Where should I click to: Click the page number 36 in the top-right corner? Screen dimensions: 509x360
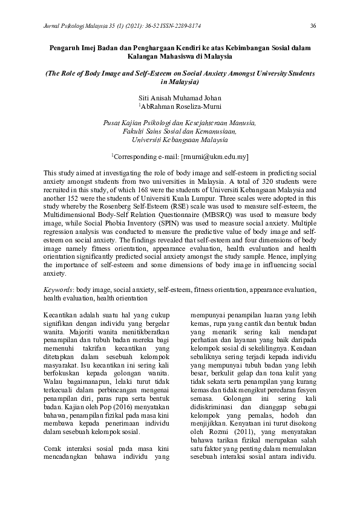313,25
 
